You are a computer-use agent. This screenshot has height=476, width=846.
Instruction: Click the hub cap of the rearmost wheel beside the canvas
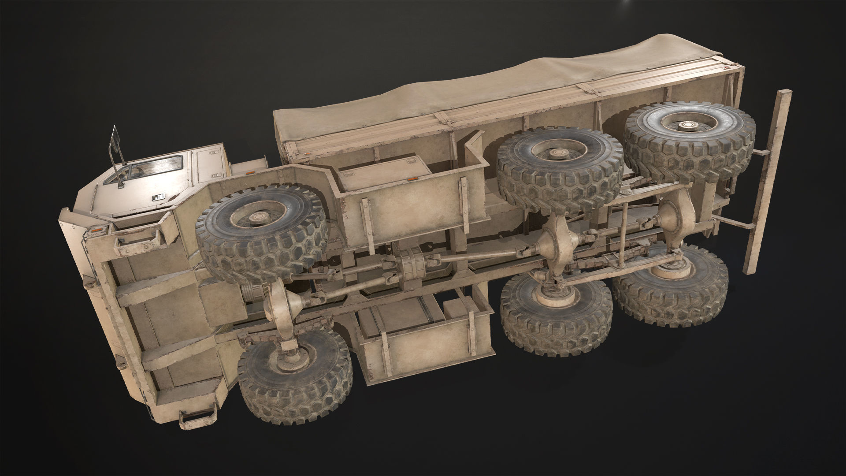[686, 126]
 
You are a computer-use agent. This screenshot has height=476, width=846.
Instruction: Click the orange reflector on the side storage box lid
[413, 179]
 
